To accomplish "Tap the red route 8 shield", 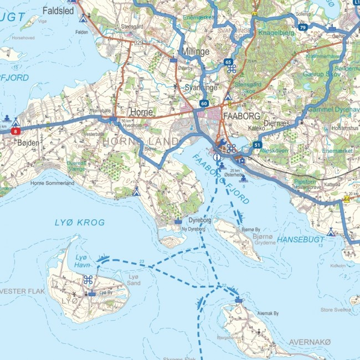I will (x=16, y=131).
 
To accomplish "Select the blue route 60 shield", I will (x=204, y=104).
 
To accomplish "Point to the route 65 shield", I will (x=228, y=63).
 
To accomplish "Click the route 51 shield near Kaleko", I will (x=257, y=145).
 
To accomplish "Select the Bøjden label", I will (x=29, y=143).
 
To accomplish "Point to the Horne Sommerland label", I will (x=53, y=183).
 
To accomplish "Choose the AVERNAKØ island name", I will (x=310, y=342).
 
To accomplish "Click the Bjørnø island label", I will (x=263, y=236).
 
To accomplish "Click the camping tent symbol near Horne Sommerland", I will (x=136, y=191).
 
